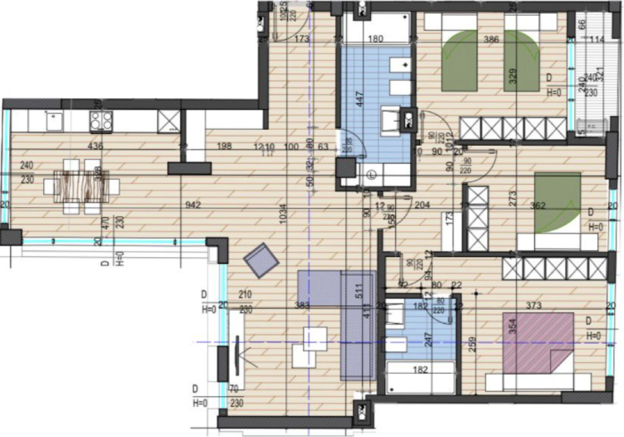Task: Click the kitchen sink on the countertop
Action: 53,120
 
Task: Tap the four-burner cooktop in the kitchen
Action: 101,120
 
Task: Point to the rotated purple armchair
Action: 261,260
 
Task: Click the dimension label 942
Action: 193,205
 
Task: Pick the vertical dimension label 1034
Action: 282,216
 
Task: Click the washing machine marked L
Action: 372,173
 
